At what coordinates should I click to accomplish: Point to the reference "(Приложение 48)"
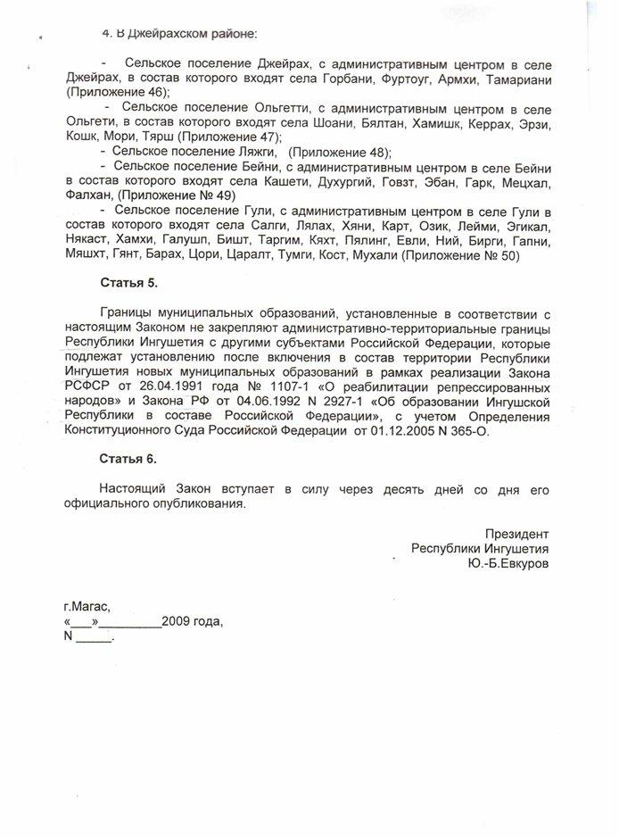point(342,152)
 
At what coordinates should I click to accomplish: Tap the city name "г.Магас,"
point(87,605)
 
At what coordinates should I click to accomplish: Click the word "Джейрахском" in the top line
point(171,34)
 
